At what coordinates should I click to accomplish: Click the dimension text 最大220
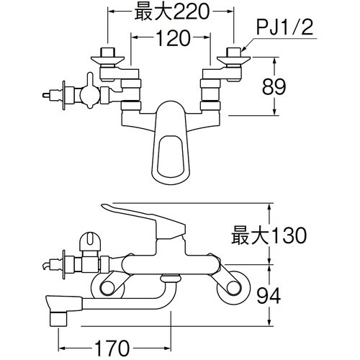pos(169,12)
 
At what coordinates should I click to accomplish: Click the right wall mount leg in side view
pos(232,287)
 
